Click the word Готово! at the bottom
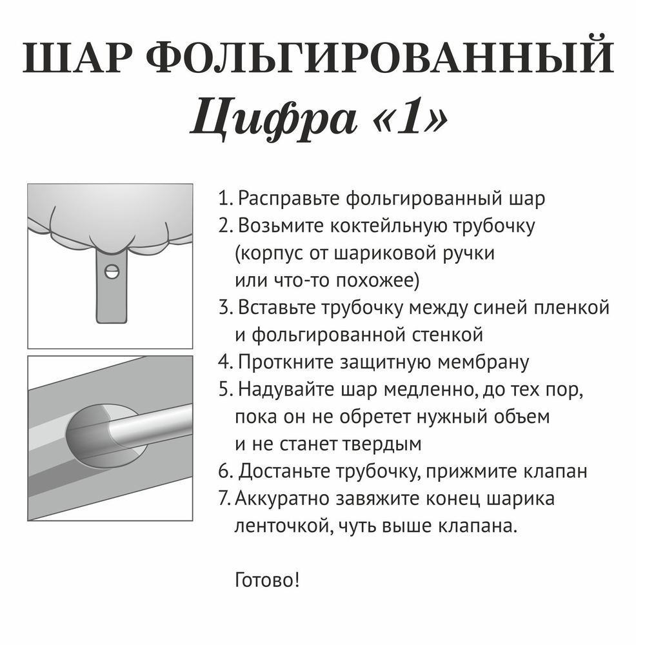[x=268, y=580]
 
